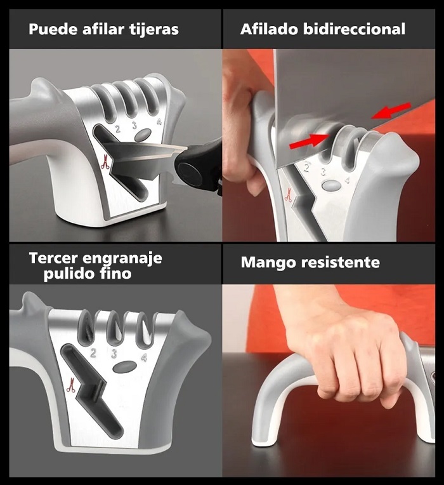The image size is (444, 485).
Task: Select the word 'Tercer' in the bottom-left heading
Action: click(x=55, y=259)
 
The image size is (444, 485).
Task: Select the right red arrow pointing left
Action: click(x=388, y=111)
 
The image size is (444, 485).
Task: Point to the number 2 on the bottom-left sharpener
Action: click(x=93, y=353)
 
